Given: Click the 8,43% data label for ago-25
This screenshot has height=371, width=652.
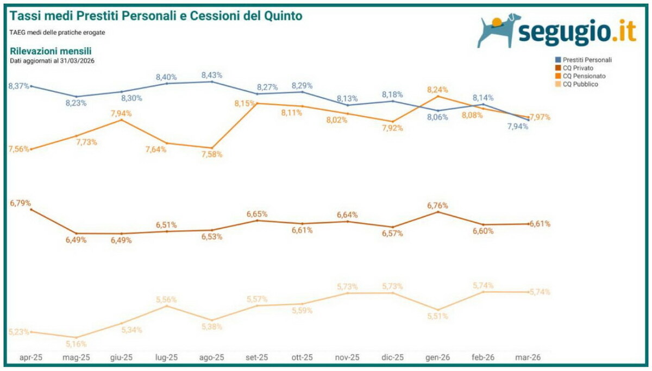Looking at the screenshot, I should (212, 75).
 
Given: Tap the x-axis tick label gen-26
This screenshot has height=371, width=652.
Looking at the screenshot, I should (437, 357).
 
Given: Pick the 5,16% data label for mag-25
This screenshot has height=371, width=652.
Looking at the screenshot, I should (76, 344).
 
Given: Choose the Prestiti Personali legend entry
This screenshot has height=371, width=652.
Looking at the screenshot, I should (587, 60).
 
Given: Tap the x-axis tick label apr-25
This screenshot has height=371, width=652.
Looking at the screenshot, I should (31, 357).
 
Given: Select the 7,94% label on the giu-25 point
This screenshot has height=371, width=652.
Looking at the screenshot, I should (121, 113).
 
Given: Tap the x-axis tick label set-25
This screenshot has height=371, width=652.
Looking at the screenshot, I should (257, 357).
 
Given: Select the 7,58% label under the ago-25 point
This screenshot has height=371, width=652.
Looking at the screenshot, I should (212, 154).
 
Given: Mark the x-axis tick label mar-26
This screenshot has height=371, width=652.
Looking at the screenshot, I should (528, 357).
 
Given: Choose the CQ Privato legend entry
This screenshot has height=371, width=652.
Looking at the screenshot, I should (579, 68).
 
